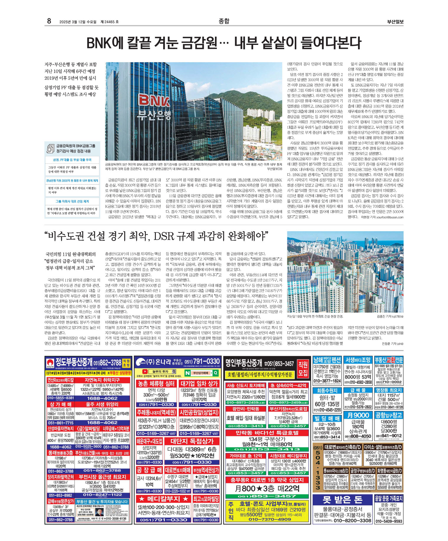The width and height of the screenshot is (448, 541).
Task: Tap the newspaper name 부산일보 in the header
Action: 395,22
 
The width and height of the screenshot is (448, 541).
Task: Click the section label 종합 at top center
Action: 224,21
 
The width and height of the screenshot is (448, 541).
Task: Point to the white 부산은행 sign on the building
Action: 154,114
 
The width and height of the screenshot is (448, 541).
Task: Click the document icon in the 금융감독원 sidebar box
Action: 50,149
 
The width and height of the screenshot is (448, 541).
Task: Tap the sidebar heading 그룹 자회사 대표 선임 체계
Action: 72,201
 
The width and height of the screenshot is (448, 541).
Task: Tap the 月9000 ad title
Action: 358,415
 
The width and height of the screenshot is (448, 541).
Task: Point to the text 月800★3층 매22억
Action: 267,488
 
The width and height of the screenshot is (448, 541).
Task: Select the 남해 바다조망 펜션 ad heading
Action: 327,360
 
